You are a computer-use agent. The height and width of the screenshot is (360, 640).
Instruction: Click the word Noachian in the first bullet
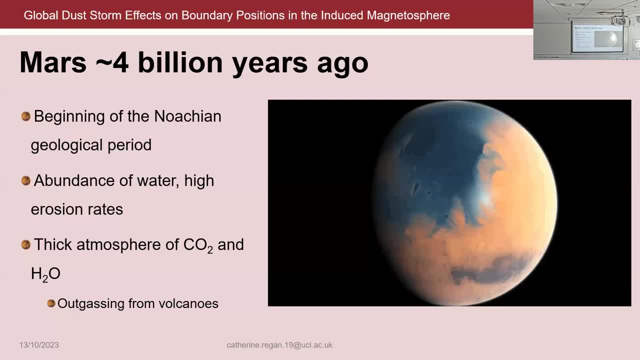(187, 116)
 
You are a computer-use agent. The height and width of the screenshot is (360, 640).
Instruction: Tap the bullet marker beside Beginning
(26, 116)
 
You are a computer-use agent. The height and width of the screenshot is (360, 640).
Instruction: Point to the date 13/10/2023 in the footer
(39, 345)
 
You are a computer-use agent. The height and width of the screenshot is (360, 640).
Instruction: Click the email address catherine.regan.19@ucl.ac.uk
(279, 345)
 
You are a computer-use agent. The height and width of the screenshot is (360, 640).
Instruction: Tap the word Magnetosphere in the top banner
(408, 15)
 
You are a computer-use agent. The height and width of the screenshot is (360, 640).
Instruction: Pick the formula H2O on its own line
(45, 274)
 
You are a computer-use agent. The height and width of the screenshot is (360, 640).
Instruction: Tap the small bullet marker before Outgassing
(51, 303)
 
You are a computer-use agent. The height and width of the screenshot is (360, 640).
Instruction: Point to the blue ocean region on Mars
(435, 165)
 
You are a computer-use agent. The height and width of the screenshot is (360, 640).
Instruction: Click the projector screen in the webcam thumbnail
(597, 38)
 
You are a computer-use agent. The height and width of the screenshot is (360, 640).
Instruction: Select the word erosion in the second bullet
(55, 209)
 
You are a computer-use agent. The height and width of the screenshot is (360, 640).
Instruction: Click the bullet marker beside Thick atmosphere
(26, 244)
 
